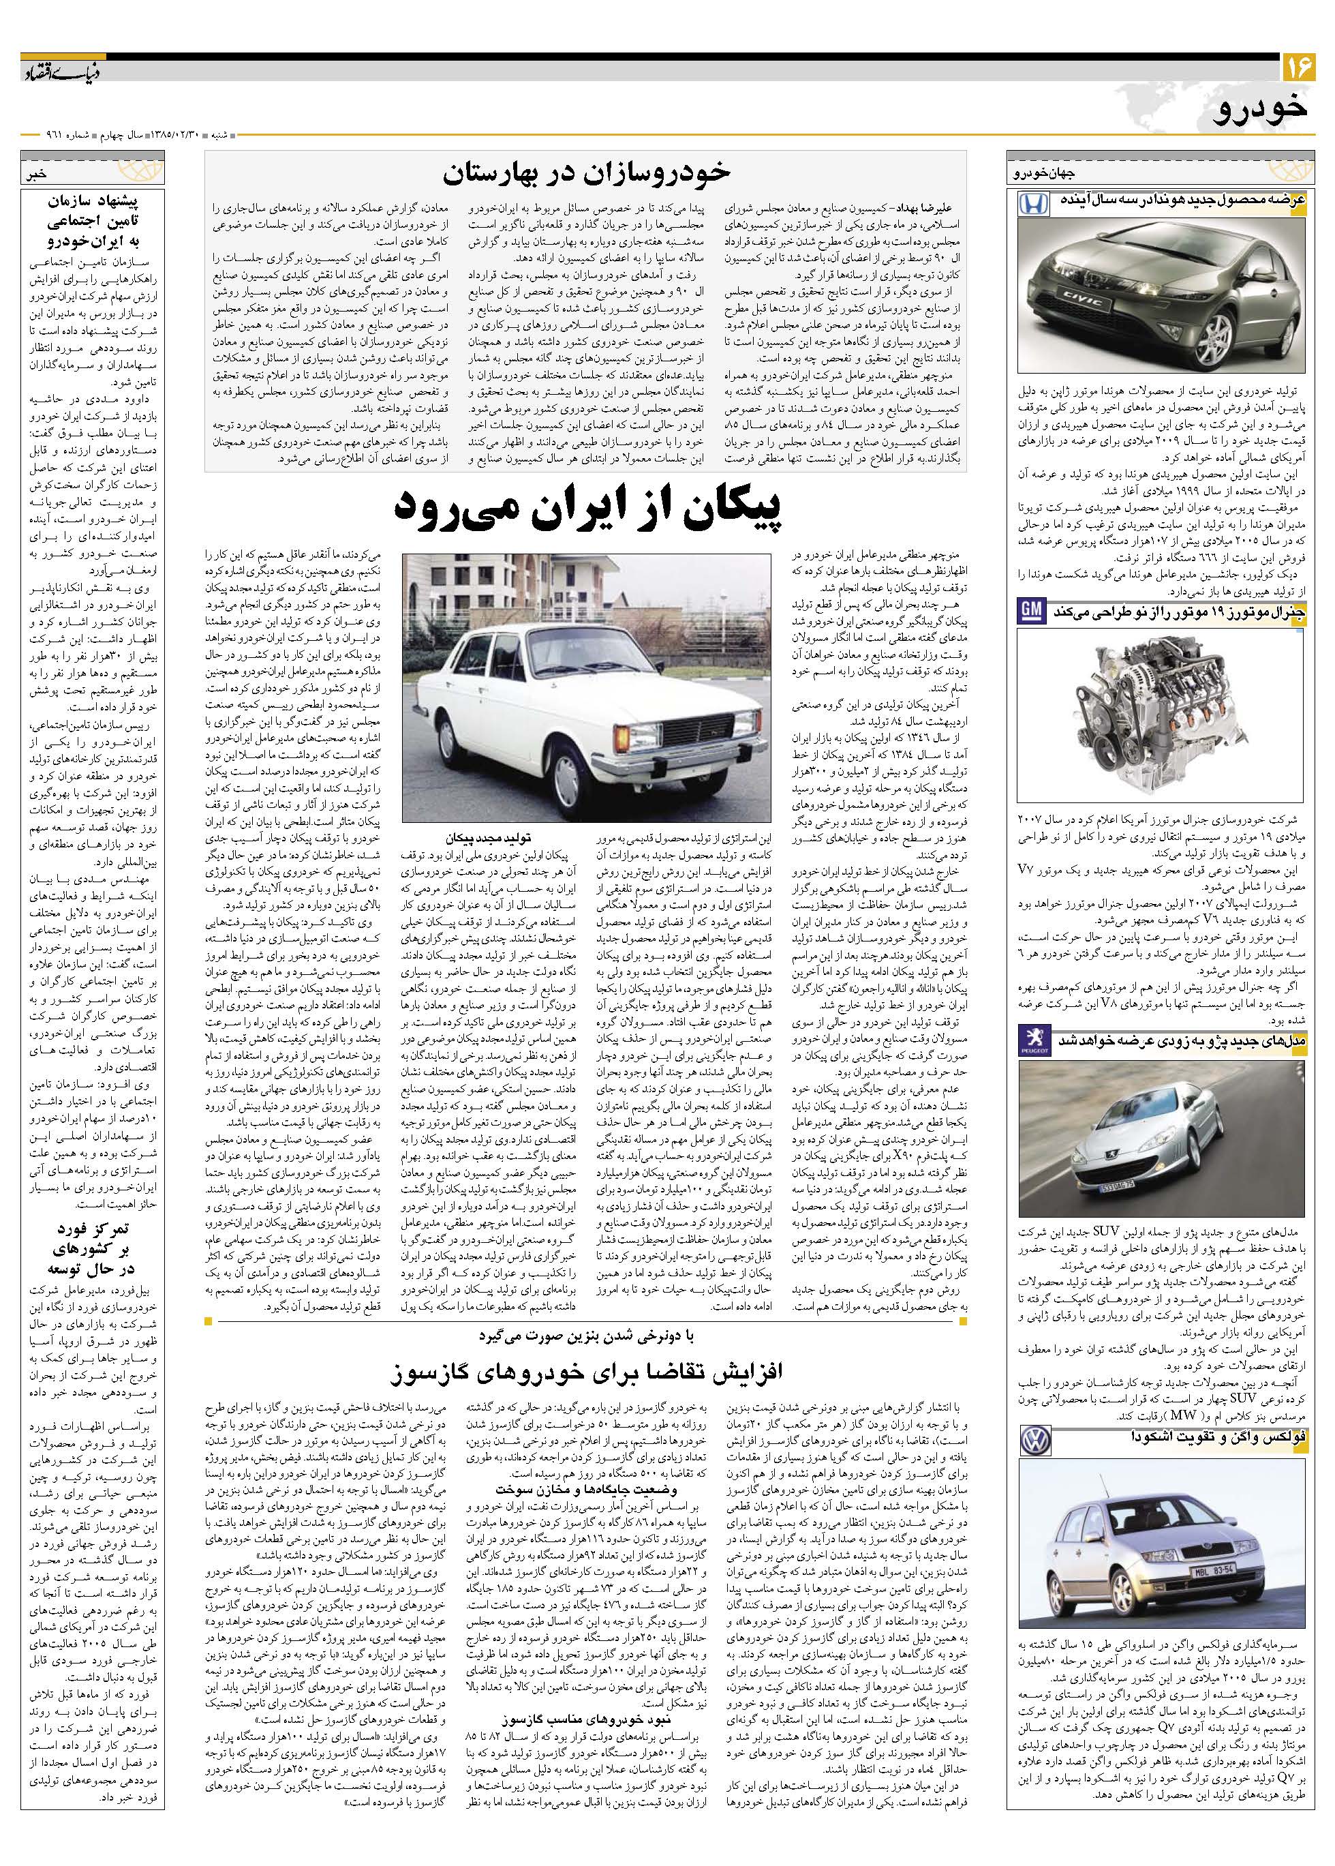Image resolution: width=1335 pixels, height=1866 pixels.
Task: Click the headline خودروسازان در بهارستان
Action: pyautogui.click(x=586, y=174)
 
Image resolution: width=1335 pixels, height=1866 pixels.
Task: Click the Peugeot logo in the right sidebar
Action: pyautogui.click(x=1032, y=1040)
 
